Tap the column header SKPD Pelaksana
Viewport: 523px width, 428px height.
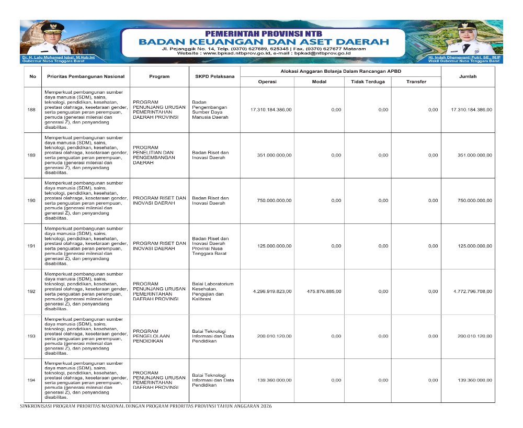coord(211,76)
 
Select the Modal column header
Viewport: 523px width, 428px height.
coord(319,82)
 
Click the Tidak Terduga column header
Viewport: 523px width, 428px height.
coord(368,82)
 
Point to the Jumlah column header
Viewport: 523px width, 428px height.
coord(468,76)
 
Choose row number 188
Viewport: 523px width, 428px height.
coord(32,109)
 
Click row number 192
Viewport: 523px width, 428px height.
coord(32,291)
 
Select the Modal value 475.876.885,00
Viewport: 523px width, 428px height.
coord(320,291)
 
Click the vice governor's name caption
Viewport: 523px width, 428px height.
coord(464,57)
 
